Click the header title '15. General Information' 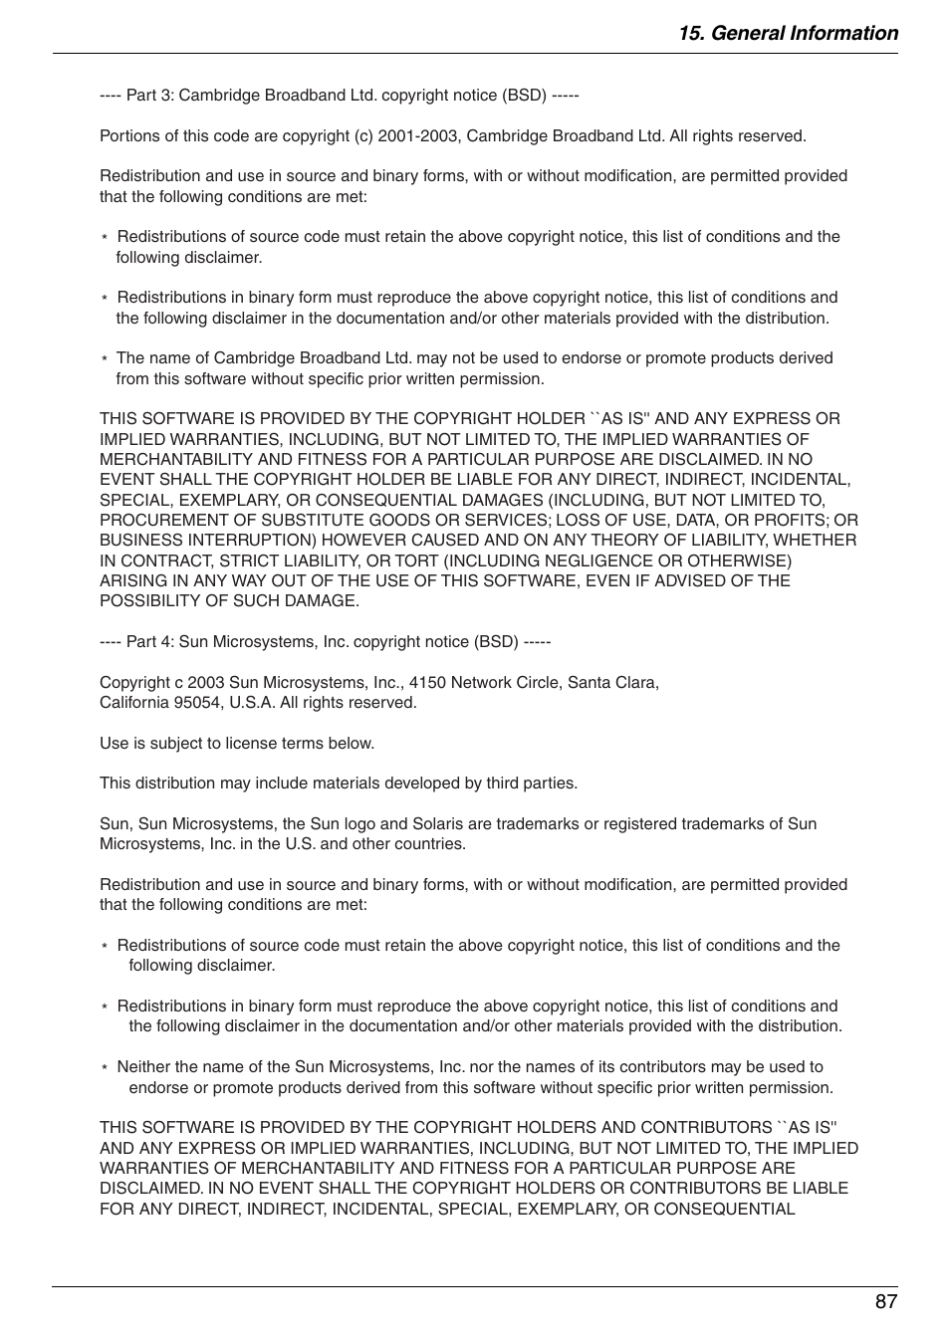[x=788, y=33]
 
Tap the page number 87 [x=886, y=1302]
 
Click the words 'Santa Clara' [x=612, y=683]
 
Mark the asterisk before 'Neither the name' [x=104, y=1068]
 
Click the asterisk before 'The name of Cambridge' [x=104, y=359]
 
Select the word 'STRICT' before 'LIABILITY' [x=251, y=560]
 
